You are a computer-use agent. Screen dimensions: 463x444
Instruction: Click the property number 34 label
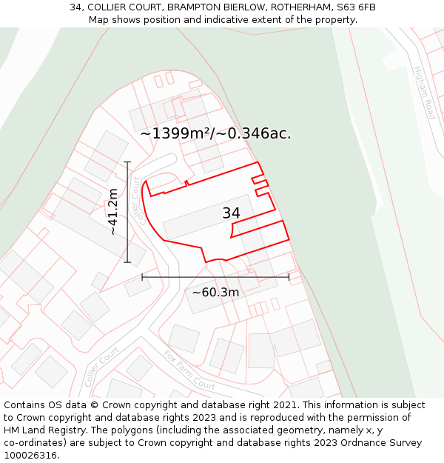click(x=231, y=213)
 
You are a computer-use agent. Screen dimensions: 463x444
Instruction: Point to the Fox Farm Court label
click(x=189, y=370)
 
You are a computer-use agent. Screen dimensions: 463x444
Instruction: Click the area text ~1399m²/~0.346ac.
click(x=215, y=134)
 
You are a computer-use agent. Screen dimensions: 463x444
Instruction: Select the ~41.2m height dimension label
click(x=112, y=212)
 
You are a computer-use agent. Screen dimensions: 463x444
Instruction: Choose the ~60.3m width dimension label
click(x=215, y=293)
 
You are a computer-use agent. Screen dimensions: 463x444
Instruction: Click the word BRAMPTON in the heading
click(x=194, y=7)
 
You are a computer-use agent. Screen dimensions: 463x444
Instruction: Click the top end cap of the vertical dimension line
click(x=127, y=161)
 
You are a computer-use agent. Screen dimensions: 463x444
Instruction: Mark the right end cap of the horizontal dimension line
click(x=289, y=277)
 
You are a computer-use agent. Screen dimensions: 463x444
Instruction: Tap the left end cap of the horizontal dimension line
click(x=142, y=277)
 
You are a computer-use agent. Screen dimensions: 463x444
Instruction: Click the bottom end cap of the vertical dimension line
click(x=127, y=262)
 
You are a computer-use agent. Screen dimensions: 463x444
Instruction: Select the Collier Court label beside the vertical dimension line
click(x=135, y=201)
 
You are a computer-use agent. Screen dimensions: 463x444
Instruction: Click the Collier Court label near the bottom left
click(x=101, y=368)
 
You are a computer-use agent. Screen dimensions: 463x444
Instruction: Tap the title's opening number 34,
click(x=78, y=7)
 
